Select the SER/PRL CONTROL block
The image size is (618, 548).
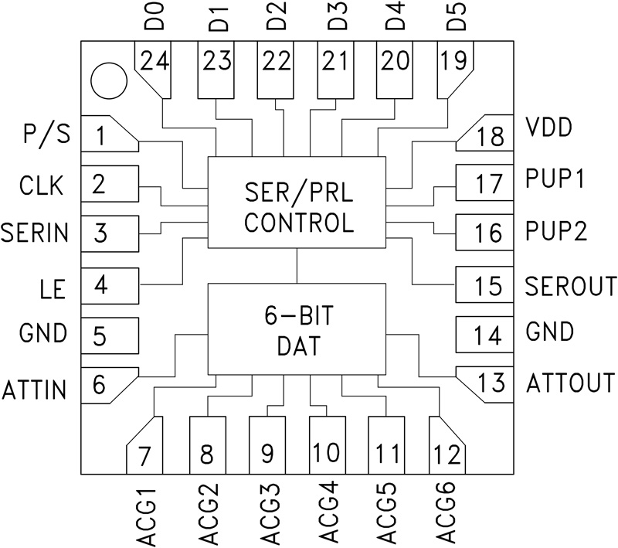coord(297,203)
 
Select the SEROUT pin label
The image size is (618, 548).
coord(570,284)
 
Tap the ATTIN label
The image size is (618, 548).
coord(34,390)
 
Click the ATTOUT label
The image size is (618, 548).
coord(571,382)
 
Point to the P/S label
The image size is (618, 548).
coord(46,134)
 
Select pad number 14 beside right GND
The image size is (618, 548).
coord(485,334)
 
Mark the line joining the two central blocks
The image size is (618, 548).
coord(297,266)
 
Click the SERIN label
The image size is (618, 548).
coord(35,232)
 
